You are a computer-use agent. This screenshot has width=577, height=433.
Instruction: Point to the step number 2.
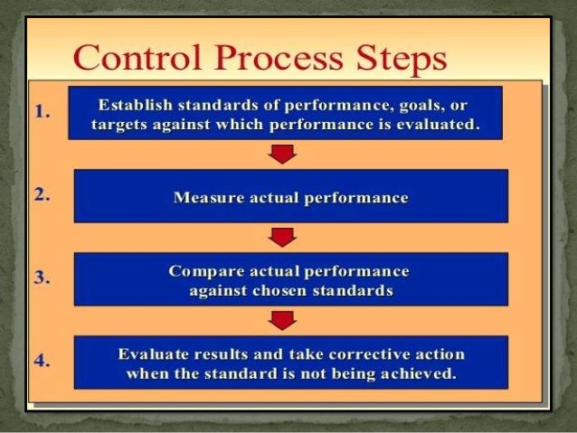[x=41, y=194]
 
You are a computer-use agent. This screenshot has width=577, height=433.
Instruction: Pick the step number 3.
[x=41, y=278]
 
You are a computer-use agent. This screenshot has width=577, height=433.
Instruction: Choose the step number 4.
[x=41, y=361]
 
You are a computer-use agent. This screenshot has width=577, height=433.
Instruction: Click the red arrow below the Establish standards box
[x=284, y=153]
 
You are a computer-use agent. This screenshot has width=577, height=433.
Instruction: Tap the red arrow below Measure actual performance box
[x=284, y=237]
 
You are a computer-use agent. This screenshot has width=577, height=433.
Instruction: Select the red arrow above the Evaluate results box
[x=284, y=320]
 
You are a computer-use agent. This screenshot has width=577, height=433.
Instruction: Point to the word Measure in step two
[x=204, y=198]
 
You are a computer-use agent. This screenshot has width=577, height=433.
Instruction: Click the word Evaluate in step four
[x=153, y=354]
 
